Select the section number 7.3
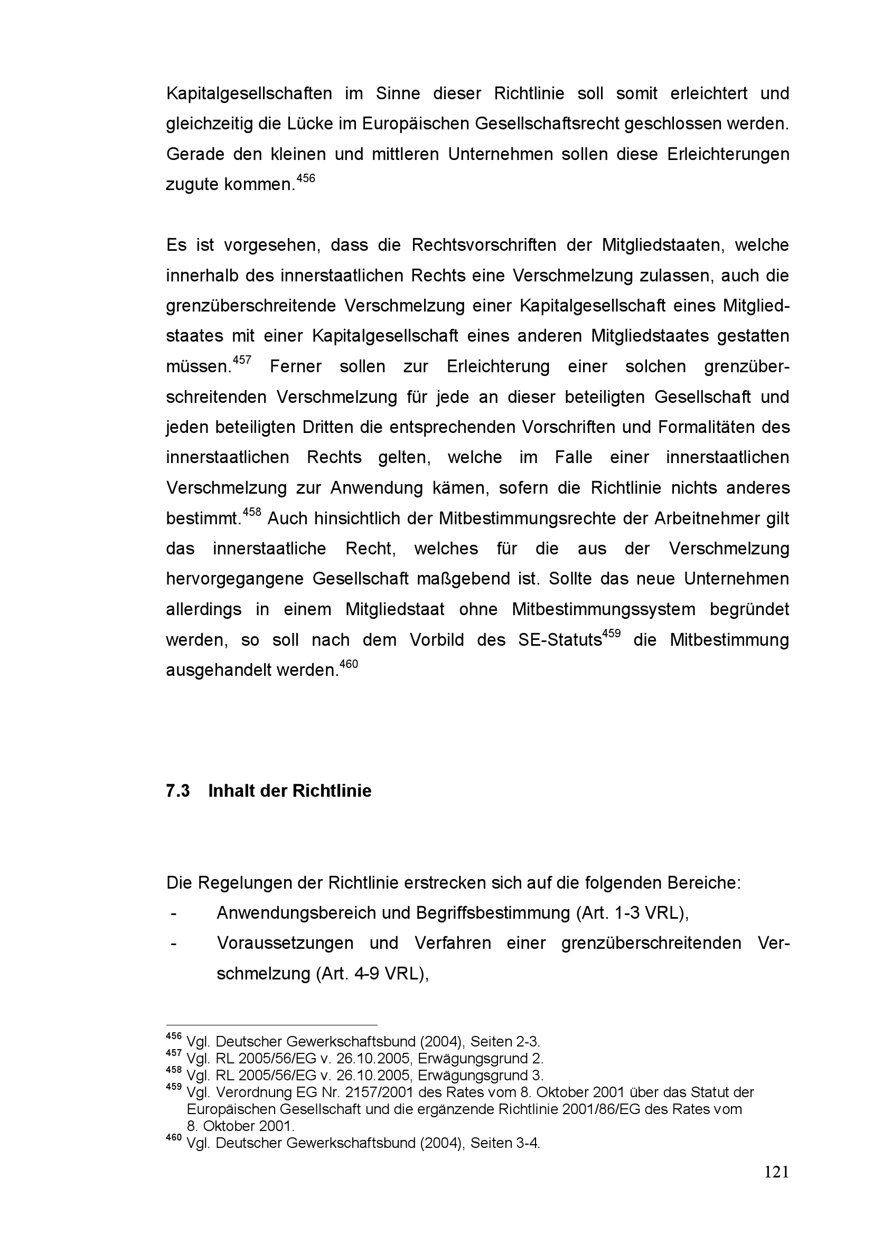[177, 791]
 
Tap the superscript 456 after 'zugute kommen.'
[305, 178]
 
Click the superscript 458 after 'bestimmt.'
[252, 512]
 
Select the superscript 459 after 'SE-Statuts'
[611, 634]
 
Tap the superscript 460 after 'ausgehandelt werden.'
[349, 664]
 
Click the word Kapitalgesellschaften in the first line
[249, 93]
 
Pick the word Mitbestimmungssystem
[604, 609]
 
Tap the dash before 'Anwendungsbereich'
[173, 913]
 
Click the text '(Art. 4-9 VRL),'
[372, 974]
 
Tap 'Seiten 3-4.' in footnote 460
[504, 1143]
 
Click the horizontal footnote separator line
[271, 1026]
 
